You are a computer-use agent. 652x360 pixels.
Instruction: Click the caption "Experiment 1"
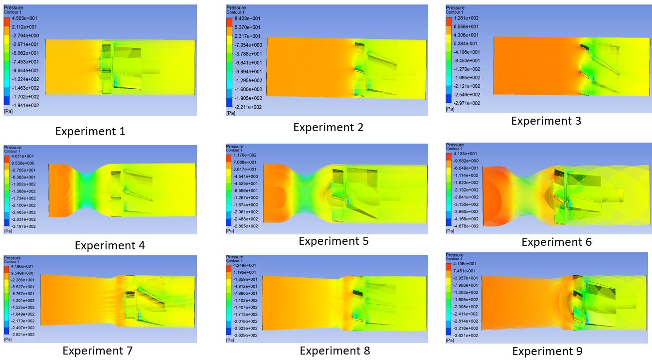click(90, 132)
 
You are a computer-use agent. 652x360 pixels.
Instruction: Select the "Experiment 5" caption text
click(333, 241)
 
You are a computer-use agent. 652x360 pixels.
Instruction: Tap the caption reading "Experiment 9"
click(547, 351)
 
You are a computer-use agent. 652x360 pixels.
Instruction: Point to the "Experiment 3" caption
click(546, 121)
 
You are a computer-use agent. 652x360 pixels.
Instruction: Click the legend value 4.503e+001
click(22, 18)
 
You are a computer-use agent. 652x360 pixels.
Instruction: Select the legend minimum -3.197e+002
click(22, 226)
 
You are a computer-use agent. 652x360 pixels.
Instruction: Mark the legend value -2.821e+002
click(22, 335)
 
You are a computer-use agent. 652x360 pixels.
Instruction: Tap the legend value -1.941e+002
click(22, 105)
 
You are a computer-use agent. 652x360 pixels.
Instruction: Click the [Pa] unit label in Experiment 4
click(7, 231)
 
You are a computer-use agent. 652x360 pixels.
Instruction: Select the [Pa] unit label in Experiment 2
click(230, 113)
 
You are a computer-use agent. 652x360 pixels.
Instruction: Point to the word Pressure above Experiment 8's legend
click(235, 257)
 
